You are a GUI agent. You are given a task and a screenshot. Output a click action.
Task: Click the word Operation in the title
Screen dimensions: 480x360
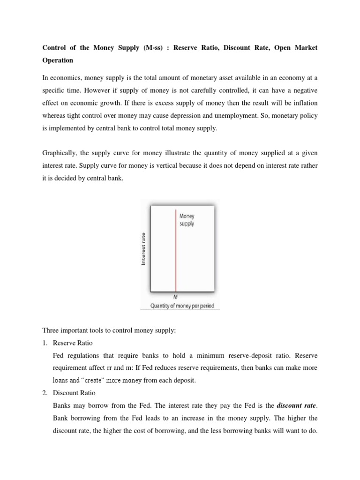58,60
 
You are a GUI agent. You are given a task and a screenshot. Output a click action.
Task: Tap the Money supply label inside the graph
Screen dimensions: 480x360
187,220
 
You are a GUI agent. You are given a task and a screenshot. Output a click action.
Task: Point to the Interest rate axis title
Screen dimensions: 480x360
143,249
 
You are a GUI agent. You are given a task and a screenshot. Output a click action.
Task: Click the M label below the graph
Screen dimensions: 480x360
176,297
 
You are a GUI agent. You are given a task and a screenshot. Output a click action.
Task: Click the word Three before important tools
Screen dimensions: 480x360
51,330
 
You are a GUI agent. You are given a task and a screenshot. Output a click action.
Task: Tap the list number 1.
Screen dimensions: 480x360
45,343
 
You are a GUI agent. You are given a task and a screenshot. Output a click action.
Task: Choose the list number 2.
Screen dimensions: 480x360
45,392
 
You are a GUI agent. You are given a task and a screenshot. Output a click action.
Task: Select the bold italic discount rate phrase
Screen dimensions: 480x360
296,405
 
